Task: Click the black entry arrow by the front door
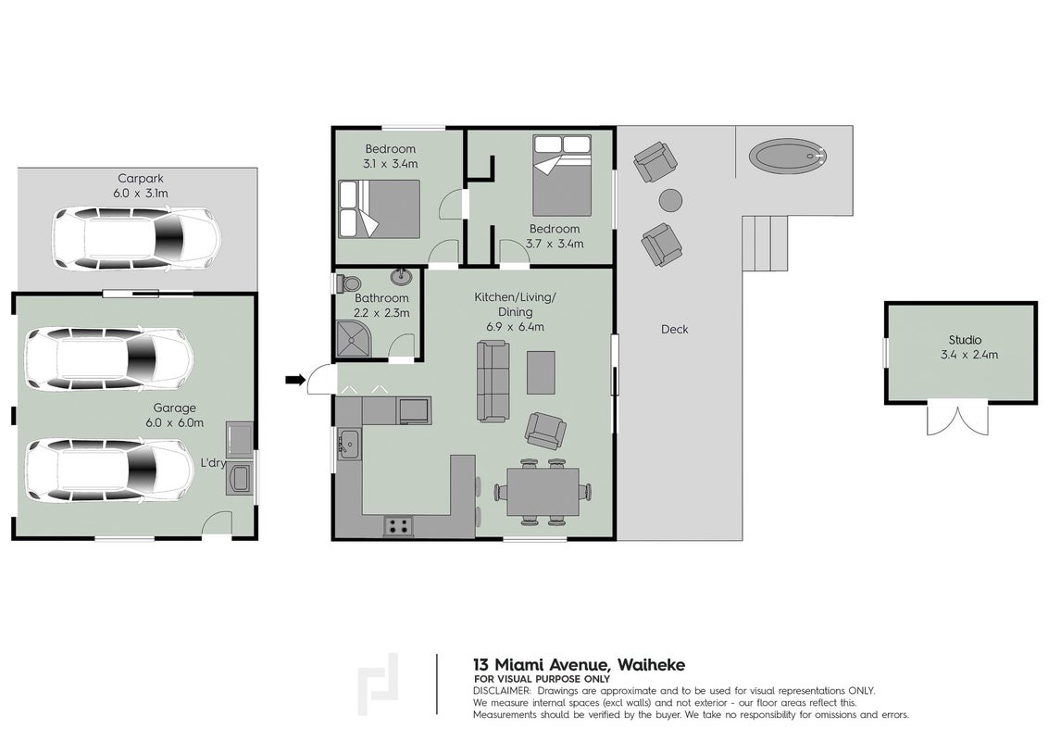[294, 380]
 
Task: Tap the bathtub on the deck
[788, 157]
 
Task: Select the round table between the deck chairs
[670, 200]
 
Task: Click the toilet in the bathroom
[347, 283]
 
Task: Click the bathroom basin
[402, 277]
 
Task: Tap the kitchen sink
[348, 443]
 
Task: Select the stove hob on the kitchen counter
[398, 526]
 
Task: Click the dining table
[543, 492]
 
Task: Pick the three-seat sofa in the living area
[493, 382]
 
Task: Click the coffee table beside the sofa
[541, 372]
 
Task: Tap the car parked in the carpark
[136, 238]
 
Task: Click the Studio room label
[965, 340]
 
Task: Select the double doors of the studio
[957, 420]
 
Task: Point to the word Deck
[674, 329]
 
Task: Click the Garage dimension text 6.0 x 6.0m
[174, 422]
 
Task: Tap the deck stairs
[766, 243]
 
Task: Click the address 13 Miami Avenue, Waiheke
[579, 665]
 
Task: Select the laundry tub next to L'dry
[239, 480]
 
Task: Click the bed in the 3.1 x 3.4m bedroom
[379, 208]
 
